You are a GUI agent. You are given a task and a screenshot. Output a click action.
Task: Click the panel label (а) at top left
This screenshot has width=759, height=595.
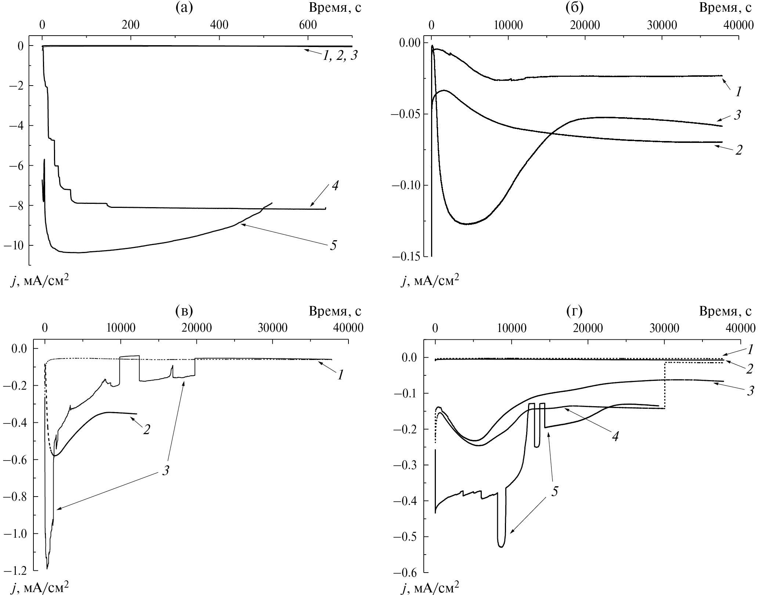(x=184, y=7)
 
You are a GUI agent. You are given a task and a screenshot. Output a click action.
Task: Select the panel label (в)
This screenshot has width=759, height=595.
(x=184, y=311)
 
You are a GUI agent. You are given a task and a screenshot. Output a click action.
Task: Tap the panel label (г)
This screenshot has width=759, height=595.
(x=574, y=311)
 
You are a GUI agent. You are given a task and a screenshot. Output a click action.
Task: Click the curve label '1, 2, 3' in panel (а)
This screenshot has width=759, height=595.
(x=340, y=56)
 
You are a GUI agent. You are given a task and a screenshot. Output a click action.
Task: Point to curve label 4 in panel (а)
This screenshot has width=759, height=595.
(x=335, y=185)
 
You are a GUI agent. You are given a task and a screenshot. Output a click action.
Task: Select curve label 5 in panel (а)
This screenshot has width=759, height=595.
(x=333, y=245)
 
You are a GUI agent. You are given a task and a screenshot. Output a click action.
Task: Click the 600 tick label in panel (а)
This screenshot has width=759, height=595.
(x=308, y=25)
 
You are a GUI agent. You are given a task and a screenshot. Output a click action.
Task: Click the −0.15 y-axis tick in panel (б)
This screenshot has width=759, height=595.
(x=405, y=256)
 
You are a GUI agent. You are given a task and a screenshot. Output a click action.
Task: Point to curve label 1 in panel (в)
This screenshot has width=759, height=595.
(x=341, y=375)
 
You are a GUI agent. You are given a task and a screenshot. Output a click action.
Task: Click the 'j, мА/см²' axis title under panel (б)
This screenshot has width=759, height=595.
(x=430, y=281)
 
